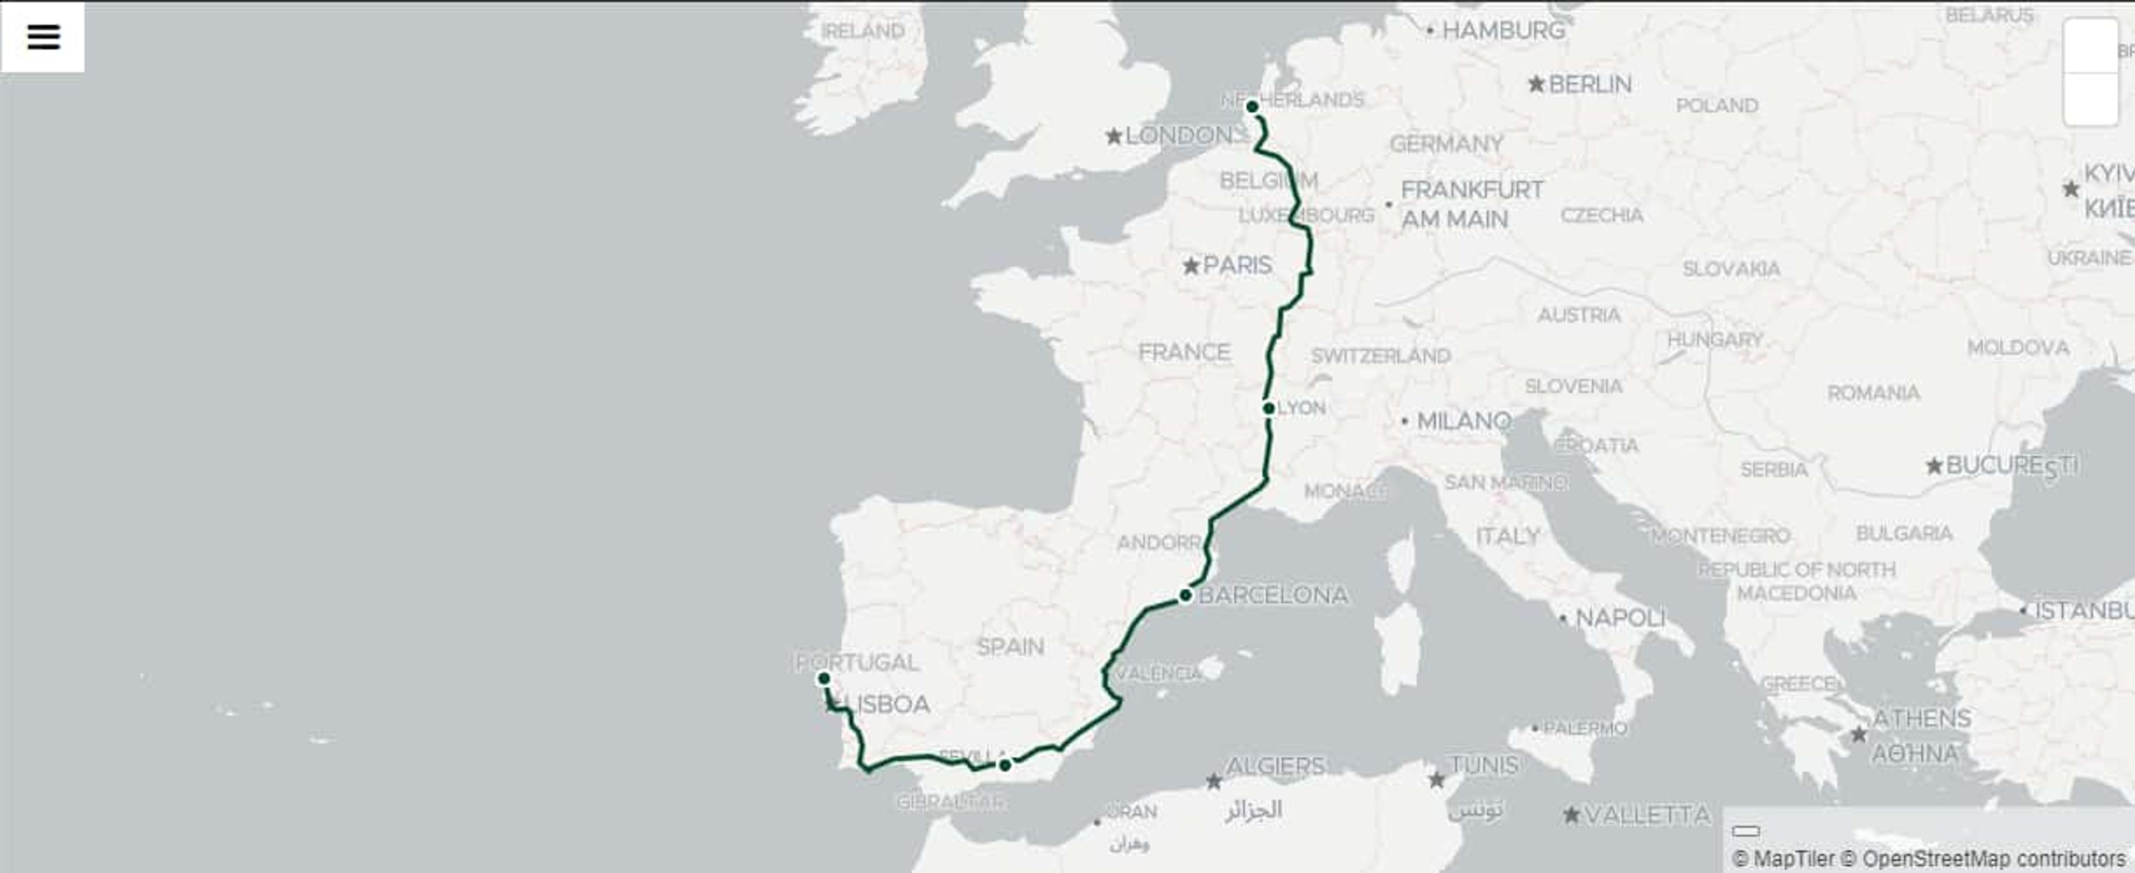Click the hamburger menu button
43,37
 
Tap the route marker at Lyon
1269,408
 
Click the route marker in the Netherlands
1252,106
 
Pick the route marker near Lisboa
824,679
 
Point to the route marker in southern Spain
1005,765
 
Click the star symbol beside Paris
1191,266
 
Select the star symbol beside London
1114,136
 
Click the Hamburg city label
1503,31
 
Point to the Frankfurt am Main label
1471,204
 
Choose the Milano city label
1464,421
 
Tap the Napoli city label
1620,618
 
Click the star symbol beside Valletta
1571,815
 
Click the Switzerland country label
1381,356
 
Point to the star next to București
1934,466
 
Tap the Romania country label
1874,392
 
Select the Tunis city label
1483,765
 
